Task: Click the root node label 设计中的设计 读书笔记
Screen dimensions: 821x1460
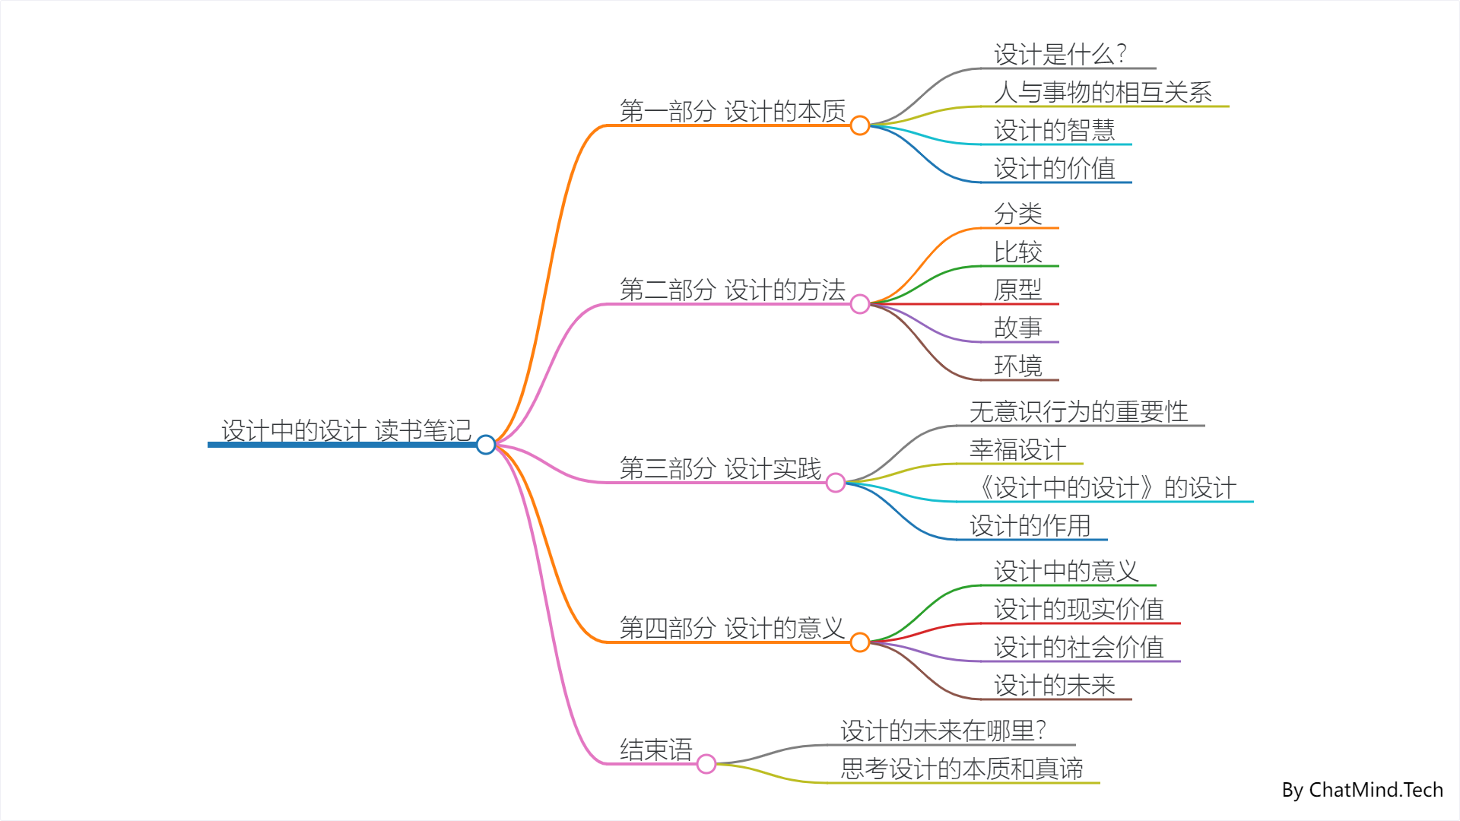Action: tap(346, 430)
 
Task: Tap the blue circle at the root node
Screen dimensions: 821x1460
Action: tap(486, 445)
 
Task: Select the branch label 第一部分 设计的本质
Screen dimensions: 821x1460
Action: tap(732, 111)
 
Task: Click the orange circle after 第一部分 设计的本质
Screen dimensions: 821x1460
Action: tap(860, 125)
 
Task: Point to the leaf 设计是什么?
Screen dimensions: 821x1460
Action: tap(1060, 54)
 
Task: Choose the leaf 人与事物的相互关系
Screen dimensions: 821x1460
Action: tap(1103, 92)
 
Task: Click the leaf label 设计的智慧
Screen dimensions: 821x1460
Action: tap(1054, 130)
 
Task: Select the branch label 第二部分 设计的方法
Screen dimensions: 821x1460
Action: tap(732, 290)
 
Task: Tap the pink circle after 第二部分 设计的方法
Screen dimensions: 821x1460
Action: tap(860, 304)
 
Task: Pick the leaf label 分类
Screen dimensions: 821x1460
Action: tap(1017, 214)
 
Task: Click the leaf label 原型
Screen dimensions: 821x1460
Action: tap(1017, 290)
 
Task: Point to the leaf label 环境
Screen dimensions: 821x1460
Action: tap(1017, 366)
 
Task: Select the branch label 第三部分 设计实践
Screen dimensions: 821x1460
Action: tap(720, 468)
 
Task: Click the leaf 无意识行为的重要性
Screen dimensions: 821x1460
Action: tap(1078, 411)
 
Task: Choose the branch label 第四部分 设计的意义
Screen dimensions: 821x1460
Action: tap(732, 628)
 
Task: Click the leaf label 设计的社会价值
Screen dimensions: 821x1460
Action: tap(1078, 647)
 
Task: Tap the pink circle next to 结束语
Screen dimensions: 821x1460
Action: tap(706, 764)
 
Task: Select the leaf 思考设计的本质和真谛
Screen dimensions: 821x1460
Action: tap(961, 769)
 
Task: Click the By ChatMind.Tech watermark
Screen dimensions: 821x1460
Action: tap(1362, 790)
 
